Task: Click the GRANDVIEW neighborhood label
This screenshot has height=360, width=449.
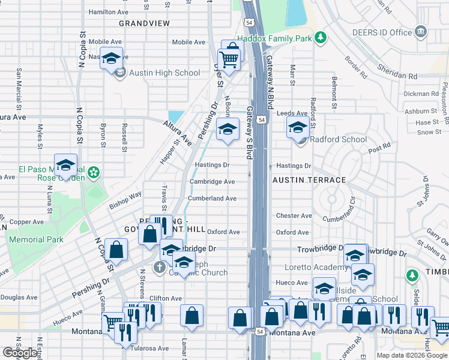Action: pyautogui.click(x=144, y=23)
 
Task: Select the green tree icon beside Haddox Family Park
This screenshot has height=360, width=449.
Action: pyautogui.click(x=321, y=38)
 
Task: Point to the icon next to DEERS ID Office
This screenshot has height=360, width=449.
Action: pyautogui.click(x=421, y=31)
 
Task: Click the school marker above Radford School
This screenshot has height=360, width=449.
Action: pyautogui.click(x=297, y=127)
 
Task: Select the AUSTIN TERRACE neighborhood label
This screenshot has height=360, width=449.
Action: pyautogui.click(x=309, y=180)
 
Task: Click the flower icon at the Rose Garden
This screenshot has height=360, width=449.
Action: pyautogui.click(x=93, y=173)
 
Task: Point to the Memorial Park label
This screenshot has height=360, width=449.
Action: pyautogui.click(x=36, y=239)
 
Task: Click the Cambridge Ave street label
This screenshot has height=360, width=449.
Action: pyautogui.click(x=212, y=181)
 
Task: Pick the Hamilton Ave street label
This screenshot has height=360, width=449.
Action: pyautogui.click(x=108, y=11)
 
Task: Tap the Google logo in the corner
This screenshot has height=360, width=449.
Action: pyautogui.click(x=20, y=353)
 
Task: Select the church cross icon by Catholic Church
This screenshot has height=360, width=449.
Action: pyautogui.click(x=159, y=266)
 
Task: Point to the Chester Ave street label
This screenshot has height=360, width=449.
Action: pyautogui.click(x=294, y=215)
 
